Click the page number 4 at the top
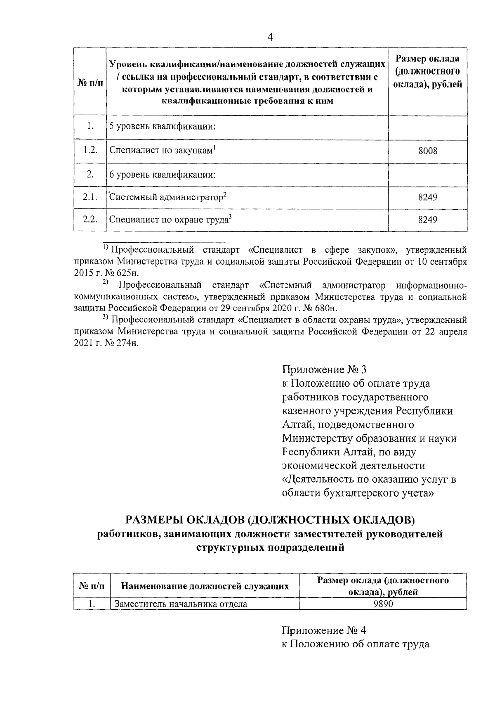tap(270, 38)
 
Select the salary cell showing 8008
tap(427, 151)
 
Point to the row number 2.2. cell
tap(90, 219)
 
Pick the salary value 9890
tap(382, 604)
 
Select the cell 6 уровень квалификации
tap(163, 174)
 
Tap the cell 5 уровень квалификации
tap(163, 126)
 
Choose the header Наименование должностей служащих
tap(205, 586)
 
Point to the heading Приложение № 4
tap(324, 630)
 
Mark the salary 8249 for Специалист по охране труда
tap(427, 220)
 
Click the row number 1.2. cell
tap(90, 150)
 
